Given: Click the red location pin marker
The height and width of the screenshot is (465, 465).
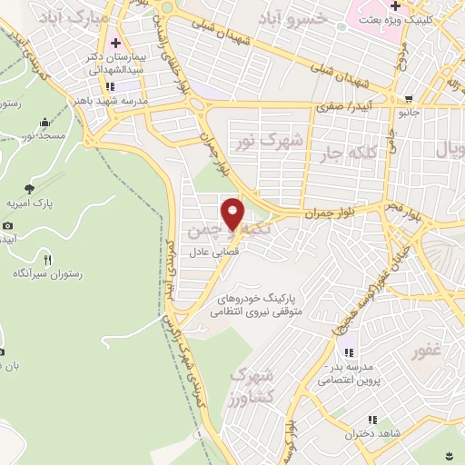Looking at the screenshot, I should [x=233, y=213].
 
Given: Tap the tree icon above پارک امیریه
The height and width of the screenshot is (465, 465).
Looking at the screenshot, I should [x=29, y=189].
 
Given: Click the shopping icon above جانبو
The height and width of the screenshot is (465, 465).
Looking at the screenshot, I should [x=410, y=99].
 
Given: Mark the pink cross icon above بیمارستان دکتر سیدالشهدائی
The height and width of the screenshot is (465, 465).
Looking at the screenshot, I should [x=115, y=43].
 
